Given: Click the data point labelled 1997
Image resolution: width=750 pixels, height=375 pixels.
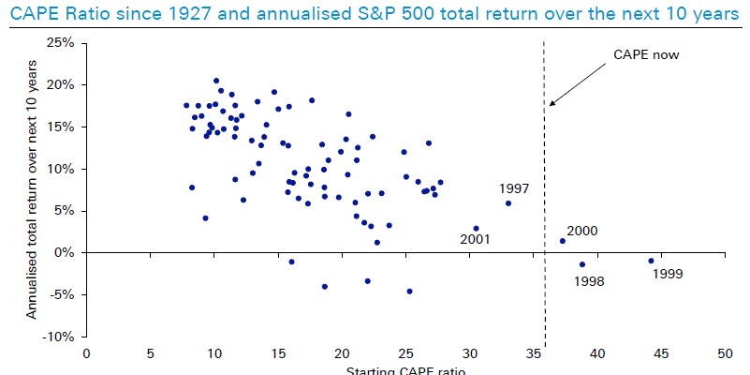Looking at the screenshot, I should coord(508,203).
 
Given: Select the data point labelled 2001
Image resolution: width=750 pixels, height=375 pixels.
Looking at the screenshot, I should coord(476,228).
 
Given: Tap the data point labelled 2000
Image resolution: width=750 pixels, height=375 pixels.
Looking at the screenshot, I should coord(563,241).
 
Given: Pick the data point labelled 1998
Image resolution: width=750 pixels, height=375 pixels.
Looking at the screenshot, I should coord(581,264).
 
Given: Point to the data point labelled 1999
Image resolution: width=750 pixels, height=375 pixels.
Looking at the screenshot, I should coord(651,261).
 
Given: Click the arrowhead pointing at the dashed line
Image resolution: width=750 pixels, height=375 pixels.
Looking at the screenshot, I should coord(552,103).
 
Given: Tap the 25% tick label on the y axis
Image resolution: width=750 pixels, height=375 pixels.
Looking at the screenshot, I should coord(61,43).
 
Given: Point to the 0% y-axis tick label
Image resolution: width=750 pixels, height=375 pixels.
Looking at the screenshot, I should coord(65,252).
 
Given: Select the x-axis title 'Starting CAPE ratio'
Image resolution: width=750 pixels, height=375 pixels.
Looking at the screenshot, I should coord(404,369).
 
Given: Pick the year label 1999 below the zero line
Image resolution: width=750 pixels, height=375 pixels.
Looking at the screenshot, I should coord(669,275).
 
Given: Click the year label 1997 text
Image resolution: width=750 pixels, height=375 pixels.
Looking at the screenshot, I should coord(515,188).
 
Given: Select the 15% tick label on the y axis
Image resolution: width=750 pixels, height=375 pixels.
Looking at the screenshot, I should coord(61,127).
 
